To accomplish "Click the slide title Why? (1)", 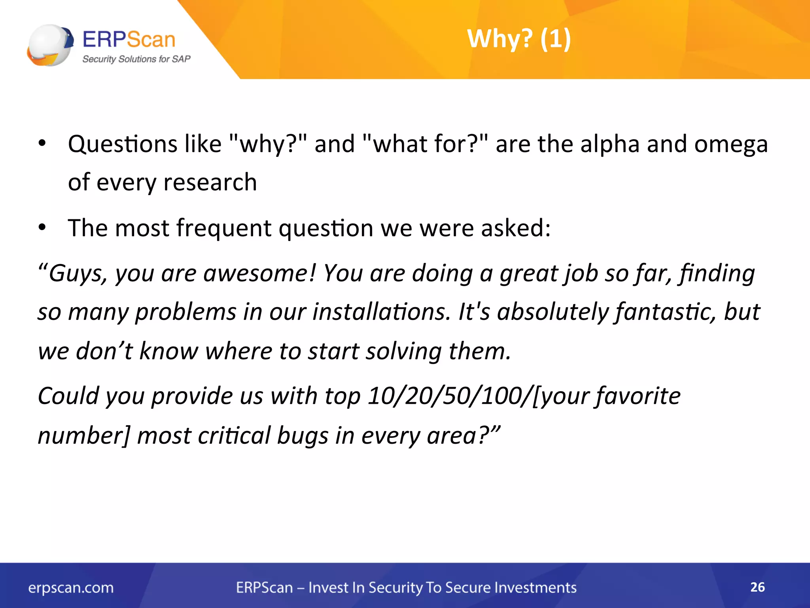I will pos(519,39).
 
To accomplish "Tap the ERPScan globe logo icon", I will pos(50,45).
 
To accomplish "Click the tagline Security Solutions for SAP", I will pos(136,59).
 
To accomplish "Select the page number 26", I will pos(757,587).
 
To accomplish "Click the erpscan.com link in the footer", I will pos(71,588).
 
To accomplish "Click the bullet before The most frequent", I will pos(42,228).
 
